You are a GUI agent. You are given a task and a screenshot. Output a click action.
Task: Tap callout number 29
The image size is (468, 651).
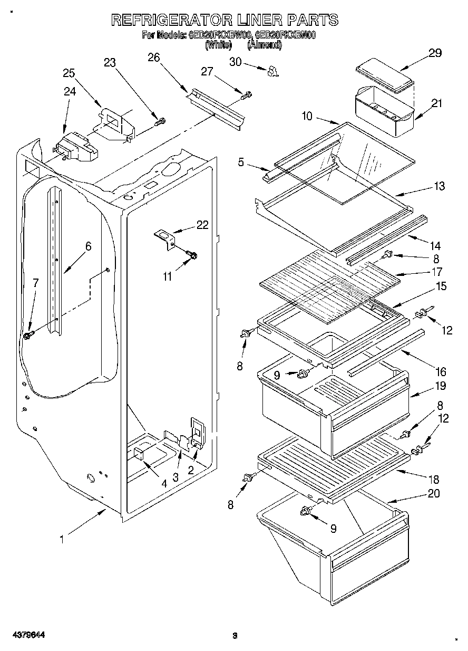435,53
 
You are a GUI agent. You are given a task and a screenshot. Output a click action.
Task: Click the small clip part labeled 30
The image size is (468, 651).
273,71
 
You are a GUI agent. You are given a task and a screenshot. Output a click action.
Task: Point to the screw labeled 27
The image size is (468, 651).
246,95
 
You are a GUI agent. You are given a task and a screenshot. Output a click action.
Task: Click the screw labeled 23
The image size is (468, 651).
160,122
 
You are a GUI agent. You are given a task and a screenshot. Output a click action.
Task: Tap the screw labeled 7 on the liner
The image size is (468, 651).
28,334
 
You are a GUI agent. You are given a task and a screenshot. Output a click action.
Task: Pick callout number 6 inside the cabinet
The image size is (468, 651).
88,246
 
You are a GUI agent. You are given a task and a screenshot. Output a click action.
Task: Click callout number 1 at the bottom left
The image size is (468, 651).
62,539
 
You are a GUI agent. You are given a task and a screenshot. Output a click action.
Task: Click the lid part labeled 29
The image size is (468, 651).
384,76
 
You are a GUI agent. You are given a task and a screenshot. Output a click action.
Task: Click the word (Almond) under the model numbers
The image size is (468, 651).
265,45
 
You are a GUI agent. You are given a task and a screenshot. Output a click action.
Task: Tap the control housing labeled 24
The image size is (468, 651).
76,148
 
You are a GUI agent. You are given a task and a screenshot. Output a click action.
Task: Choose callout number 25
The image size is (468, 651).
69,73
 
